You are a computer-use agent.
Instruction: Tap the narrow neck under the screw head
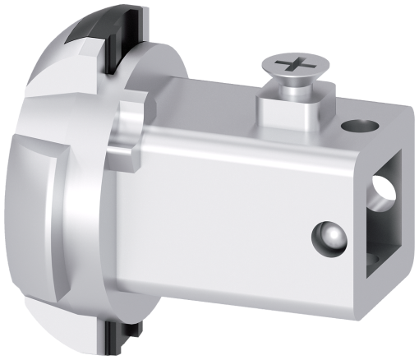[292, 89]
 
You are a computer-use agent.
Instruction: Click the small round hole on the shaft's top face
[359, 126]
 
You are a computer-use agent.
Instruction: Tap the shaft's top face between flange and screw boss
[205, 103]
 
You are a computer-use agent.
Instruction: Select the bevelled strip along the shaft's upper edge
[230, 136]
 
